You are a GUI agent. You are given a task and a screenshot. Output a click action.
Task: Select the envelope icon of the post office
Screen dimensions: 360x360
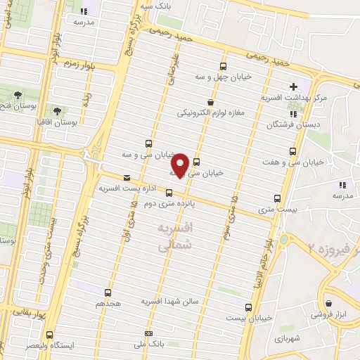127,178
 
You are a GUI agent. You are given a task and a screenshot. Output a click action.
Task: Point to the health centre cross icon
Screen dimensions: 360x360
293,86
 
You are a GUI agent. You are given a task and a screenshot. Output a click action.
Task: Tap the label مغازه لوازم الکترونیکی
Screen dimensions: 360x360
210,112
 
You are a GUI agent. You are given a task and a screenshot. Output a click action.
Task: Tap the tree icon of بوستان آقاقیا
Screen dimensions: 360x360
56,110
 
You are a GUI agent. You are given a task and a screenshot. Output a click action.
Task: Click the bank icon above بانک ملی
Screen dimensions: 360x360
148,333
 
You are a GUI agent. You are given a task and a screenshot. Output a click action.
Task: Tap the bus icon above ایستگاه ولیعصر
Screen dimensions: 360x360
49,335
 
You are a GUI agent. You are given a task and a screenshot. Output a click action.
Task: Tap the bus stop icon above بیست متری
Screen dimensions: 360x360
277,199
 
